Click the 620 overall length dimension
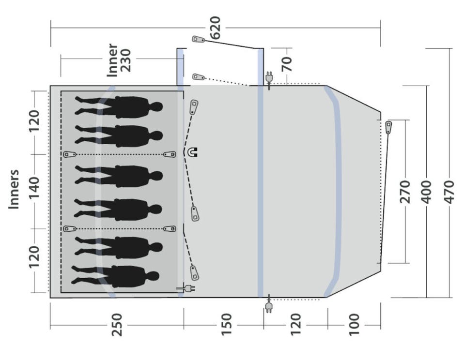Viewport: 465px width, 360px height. (x=216, y=28)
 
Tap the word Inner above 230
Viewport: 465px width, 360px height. (x=113, y=60)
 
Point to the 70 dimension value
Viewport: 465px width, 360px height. (x=287, y=64)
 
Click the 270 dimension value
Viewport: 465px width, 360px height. (x=405, y=192)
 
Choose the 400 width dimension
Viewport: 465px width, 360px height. (x=427, y=192)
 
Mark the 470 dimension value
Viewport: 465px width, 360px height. (x=449, y=192)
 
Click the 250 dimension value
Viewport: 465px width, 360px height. (x=117, y=325)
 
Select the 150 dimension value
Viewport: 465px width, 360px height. (x=227, y=325)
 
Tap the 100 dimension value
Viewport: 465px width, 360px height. (x=354, y=325)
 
